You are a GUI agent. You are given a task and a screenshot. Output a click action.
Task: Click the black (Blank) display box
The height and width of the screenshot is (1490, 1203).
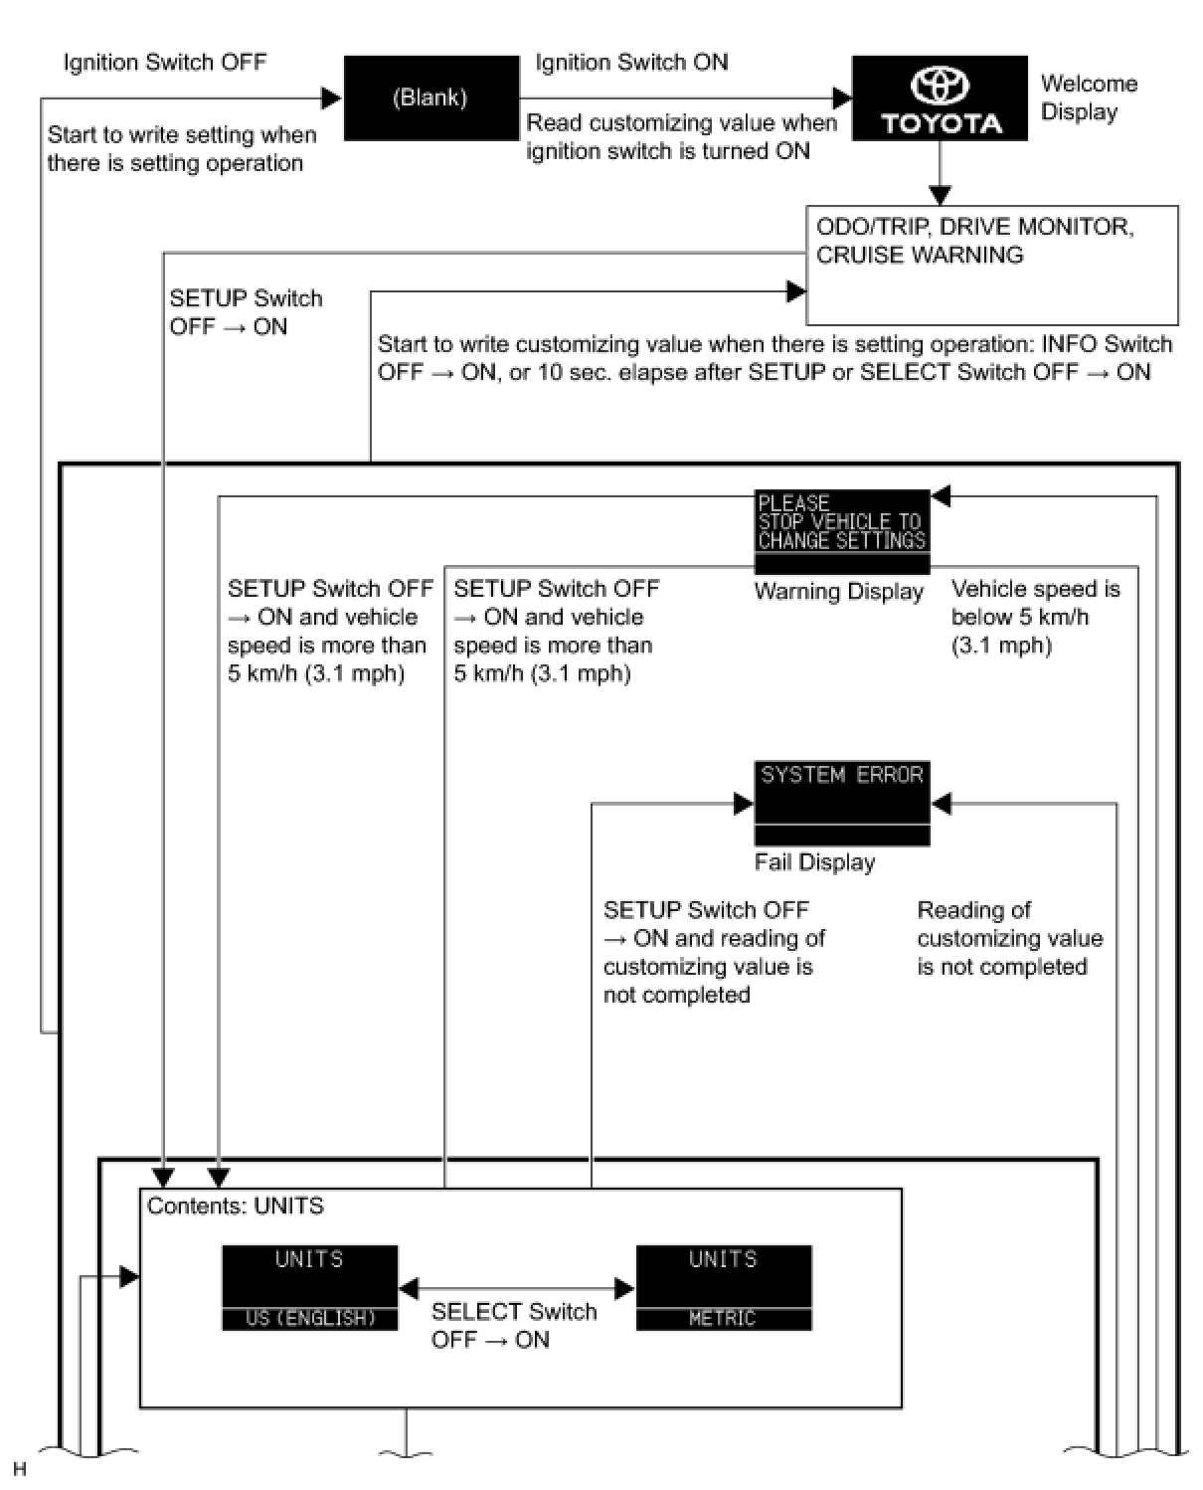(430, 97)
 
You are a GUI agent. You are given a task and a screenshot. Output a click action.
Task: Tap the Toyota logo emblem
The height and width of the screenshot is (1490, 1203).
(940, 87)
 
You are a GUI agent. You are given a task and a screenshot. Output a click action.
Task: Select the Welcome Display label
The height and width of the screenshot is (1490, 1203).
(1088, 97)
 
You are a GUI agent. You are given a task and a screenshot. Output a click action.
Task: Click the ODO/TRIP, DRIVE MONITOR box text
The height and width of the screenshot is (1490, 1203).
(974, 241)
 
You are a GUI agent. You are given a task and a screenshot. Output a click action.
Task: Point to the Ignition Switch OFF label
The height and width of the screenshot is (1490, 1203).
(165, 63)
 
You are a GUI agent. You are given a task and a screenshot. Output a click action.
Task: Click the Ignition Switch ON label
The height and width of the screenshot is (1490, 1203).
(631, 63)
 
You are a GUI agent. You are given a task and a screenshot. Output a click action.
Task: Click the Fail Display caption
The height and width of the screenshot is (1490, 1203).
(814, 862)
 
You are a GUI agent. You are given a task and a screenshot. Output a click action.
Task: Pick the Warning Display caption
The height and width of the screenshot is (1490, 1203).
(838, 592)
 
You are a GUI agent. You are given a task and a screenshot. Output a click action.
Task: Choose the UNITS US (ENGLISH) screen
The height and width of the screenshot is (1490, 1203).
(309, 1287)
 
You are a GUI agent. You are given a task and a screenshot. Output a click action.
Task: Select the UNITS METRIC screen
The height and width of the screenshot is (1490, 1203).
(723, 1287)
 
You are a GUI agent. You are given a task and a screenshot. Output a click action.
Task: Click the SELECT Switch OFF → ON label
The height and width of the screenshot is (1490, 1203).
(513, 1325)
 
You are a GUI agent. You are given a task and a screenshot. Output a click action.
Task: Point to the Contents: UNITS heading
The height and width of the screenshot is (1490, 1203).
(236, 1207)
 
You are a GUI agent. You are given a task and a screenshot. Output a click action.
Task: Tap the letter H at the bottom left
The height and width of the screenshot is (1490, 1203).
(19, 1469)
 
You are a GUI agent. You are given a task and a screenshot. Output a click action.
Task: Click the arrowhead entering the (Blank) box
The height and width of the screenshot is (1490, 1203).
(332, 97)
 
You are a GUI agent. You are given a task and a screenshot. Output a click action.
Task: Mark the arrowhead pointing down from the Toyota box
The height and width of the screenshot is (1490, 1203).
(940, 195)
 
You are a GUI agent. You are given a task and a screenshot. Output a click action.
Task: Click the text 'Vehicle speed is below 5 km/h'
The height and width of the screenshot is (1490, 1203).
(1035, 617)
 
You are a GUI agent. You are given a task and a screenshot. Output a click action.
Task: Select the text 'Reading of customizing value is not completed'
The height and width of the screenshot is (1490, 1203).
(1009, 938)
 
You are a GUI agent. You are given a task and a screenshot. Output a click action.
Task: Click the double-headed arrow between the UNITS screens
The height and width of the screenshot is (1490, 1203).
(516, 1289)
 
